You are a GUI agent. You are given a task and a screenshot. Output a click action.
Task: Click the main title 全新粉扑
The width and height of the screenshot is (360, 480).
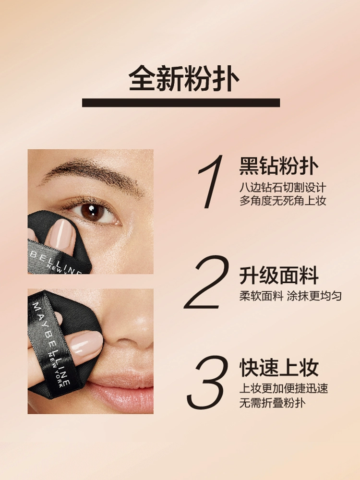point(184,78)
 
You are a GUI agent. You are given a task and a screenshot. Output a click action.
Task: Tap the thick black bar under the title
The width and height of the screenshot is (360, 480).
point(181,103)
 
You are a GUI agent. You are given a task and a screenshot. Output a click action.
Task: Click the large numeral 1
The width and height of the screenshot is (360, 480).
point(211,181)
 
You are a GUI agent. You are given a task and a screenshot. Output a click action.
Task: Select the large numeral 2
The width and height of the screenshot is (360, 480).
point(207,282)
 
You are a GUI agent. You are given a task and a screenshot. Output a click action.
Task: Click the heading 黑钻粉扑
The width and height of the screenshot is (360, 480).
point(279,166)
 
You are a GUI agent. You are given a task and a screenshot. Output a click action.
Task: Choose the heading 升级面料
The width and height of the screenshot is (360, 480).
point(279,275)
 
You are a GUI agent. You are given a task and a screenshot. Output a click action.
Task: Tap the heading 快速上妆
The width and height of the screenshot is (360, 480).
point(279,367)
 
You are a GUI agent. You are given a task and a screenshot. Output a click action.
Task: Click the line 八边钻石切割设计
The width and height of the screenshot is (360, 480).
point(283,187)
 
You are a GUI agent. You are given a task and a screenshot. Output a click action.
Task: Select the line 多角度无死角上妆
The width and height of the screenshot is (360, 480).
point(283,201)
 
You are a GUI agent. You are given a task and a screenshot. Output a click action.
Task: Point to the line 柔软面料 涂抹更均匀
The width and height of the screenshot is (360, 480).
point(290,296)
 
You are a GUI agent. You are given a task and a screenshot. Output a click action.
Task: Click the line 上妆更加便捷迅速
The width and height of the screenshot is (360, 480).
point(284,388)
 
